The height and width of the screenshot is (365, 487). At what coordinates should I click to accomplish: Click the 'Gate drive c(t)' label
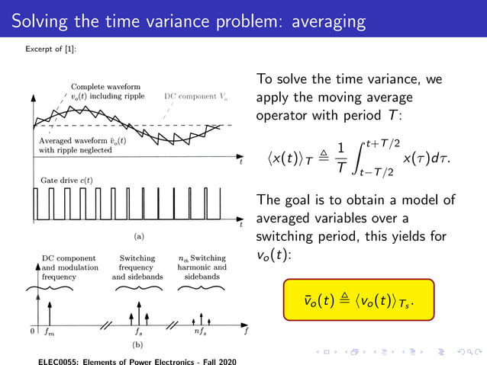pos(66,179)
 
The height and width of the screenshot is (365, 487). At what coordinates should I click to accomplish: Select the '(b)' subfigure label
pos(139,344)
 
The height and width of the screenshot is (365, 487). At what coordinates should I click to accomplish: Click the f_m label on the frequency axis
pos(50,332)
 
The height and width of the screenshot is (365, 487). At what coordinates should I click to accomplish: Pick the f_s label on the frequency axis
pos(138,332)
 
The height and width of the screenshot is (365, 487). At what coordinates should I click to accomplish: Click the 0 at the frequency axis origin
pos(33,331)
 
